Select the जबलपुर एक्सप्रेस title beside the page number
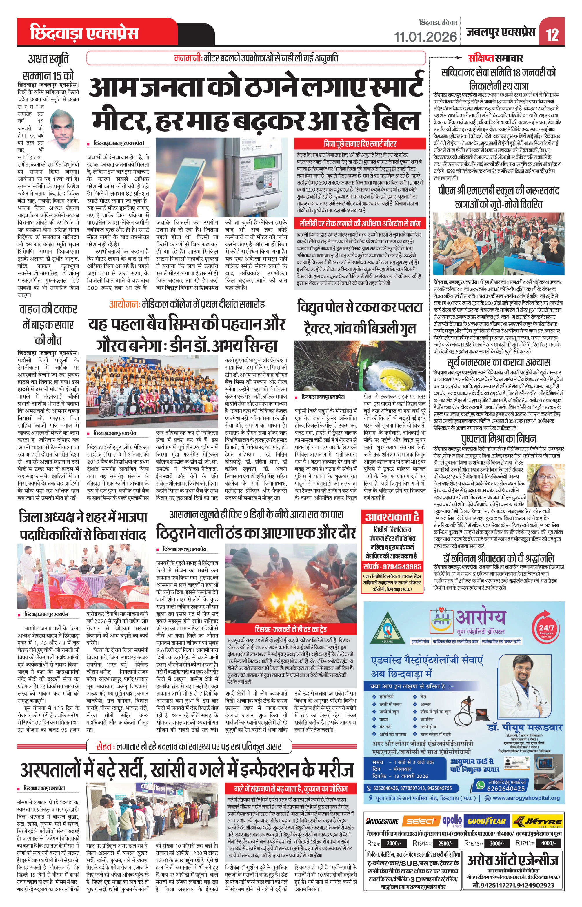[x=501, y=32]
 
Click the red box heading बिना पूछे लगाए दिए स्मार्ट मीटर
[x=360, y=143]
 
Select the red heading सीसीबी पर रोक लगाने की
[x=360, y=223]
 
